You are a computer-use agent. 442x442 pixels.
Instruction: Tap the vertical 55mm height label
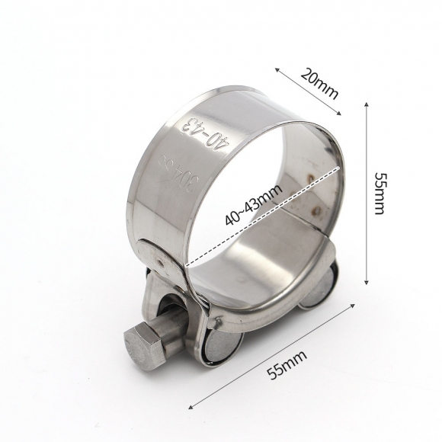[380, 192]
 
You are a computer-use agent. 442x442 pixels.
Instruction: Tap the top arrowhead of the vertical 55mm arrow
[369, 106]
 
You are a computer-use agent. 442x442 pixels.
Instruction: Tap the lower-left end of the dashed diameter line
[185, 264]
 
